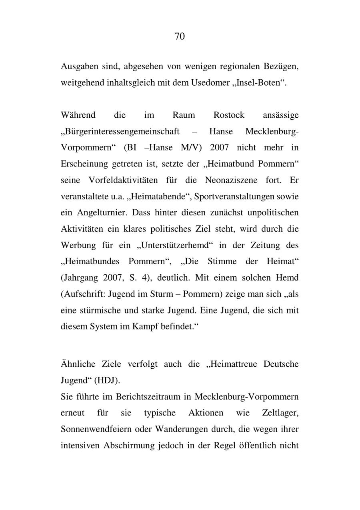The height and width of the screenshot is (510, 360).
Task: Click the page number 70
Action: [180, 36]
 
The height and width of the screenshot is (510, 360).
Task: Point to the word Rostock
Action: [228, 115]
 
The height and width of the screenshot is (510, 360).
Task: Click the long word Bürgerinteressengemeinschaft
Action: [120, 132]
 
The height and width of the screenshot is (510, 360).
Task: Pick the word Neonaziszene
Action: [232, 180]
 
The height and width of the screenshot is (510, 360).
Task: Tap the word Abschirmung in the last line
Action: [128, 445]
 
